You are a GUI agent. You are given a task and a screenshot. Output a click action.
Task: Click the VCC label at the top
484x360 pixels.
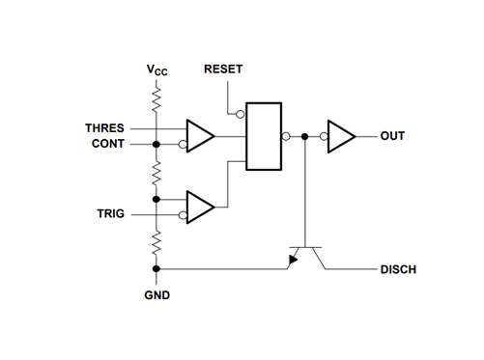(156, 70)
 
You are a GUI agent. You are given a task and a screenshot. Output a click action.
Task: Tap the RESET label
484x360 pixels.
(224, 70)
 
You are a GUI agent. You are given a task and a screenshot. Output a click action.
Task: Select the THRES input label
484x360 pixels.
(105, 127)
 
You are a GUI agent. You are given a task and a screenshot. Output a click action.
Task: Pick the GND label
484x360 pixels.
(157, 293)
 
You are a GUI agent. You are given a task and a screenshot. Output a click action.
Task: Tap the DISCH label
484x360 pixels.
(397, 269)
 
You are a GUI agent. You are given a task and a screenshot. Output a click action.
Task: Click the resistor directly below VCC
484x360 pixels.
(156, 99)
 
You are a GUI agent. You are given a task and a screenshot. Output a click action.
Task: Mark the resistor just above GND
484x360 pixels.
(156, 244)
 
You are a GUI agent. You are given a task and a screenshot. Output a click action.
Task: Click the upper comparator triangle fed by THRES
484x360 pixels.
(200, 136)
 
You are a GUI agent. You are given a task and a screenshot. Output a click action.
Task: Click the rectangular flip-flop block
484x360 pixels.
(264, 136)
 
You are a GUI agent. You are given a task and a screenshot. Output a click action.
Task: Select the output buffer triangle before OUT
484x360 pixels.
(342, 136)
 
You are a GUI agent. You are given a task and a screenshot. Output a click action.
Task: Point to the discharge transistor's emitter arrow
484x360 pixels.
(292, 261)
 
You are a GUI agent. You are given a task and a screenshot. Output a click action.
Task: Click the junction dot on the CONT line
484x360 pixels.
(156, 145)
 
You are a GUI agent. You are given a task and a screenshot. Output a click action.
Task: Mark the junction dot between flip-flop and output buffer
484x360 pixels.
(305, 136)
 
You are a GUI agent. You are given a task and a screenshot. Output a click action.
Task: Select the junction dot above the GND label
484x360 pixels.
(156, 268)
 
